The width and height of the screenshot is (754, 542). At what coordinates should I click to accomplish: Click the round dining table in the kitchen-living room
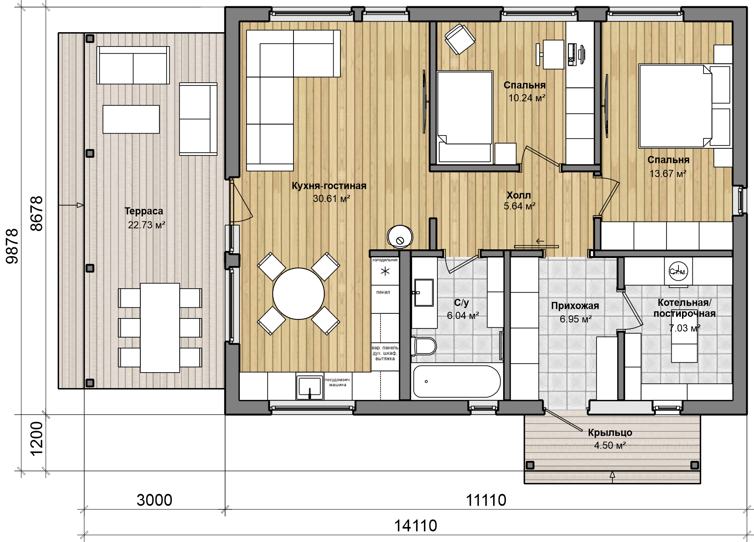tap(298, 294)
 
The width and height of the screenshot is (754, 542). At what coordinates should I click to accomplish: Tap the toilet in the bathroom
tap(424, 346)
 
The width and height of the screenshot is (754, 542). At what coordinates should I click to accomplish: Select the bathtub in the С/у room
tap(457, 381)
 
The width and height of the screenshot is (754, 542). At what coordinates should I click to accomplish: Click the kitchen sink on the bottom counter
tap(309, 387)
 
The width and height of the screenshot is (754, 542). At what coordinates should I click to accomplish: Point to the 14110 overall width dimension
tap(416, 526)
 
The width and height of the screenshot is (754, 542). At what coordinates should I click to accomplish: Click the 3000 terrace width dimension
tap(154, 500)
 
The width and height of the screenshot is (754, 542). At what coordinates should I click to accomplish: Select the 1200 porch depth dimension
tap(36, 439)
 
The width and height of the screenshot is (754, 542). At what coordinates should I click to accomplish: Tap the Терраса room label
tap(144, 211)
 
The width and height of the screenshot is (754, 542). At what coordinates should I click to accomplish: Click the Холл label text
tap(519, 195)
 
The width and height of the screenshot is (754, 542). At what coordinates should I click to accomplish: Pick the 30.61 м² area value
tap(331, 198)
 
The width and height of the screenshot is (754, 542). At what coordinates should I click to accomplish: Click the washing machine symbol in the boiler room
tap(678, 271)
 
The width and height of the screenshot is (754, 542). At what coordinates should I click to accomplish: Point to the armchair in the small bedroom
tap(460, 39)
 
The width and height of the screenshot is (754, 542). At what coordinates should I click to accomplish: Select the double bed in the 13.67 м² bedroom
tap(685, 106)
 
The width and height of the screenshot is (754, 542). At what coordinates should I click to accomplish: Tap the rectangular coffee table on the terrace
tap(131, 119)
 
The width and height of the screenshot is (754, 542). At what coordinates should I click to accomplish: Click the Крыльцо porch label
tap(610, 433)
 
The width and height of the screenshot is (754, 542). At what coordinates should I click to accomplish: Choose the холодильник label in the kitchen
tap(385, 260)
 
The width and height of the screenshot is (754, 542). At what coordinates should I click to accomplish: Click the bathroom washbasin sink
tap(424, 293)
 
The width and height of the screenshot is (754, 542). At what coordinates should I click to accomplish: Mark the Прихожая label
tap(575, 306)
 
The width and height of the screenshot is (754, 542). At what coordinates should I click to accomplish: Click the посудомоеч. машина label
tap(338, 382)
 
